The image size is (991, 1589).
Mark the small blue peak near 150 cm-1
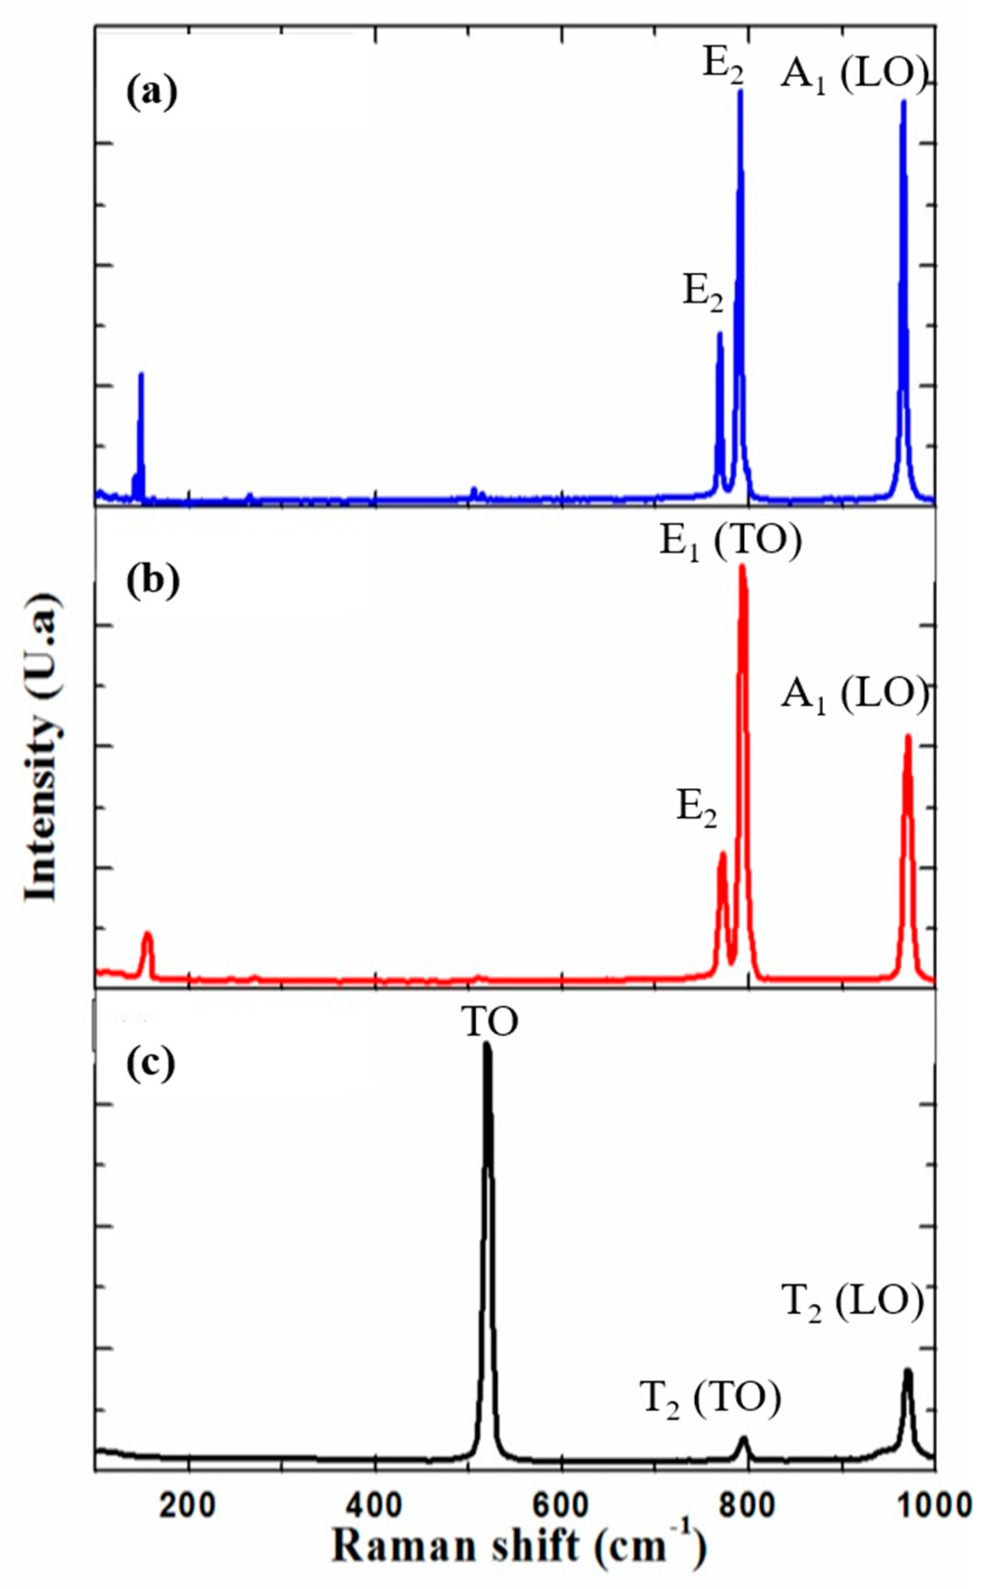point(140,375)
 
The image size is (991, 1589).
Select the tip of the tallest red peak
point(742,567)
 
